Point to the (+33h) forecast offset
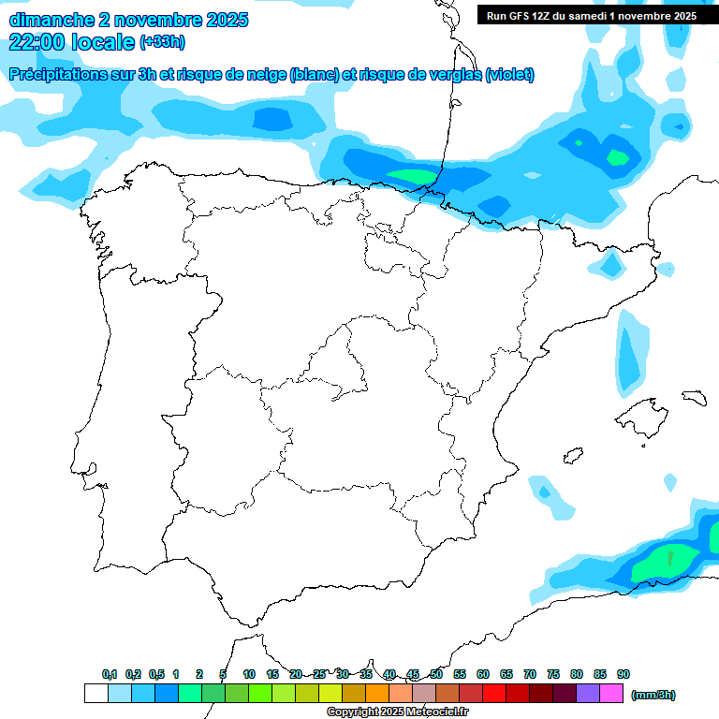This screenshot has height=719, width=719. pyautogui.click(x=162, y=41)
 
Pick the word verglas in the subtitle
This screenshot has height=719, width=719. pyautogui.click(x=451, y=75)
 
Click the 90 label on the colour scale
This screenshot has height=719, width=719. pyautogui.click(x=624, y=674)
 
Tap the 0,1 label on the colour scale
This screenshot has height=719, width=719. pyautogui.click(x=109, y=674)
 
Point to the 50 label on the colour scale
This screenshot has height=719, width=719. pyautogui.click(x=436, y=674)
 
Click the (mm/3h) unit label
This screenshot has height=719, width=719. pyautogui.click(x=653, y=695)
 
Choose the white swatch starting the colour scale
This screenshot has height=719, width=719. pyautogui.click(x=95, y=694)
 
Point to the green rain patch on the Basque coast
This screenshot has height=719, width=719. pyautogui.click(x=412, y=176)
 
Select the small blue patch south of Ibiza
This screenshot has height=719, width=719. pyautogui.click(x=541, y=490)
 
